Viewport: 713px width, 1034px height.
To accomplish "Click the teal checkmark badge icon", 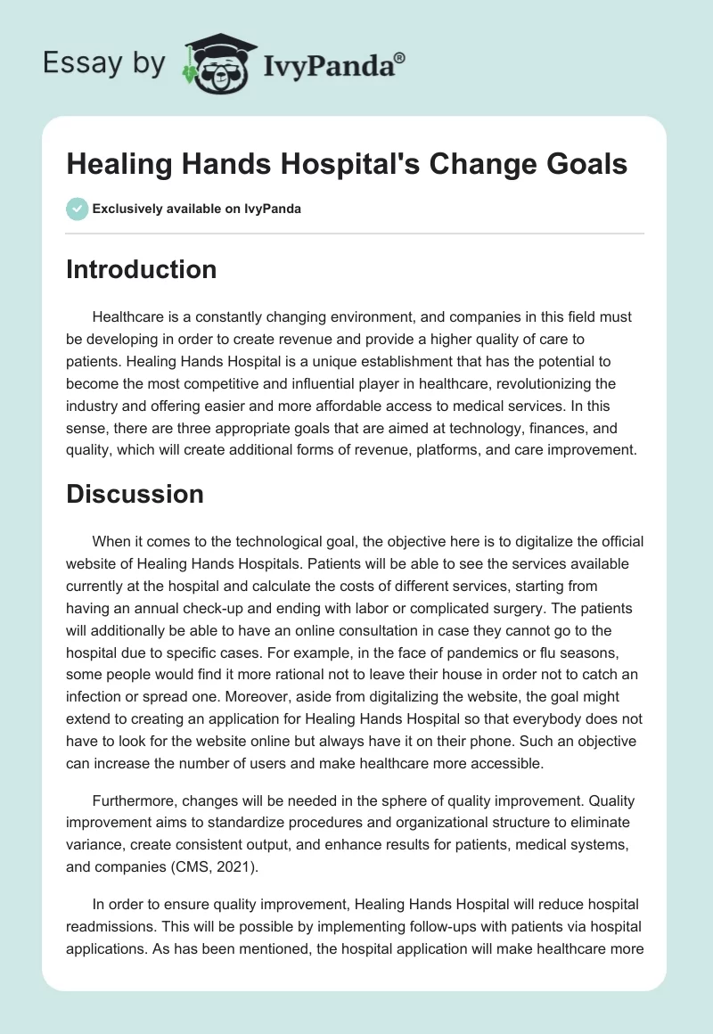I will click(76, 209).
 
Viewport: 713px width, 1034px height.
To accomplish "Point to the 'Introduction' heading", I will click(141, 269).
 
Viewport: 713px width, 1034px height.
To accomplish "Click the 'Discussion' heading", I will click(135, 494).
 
